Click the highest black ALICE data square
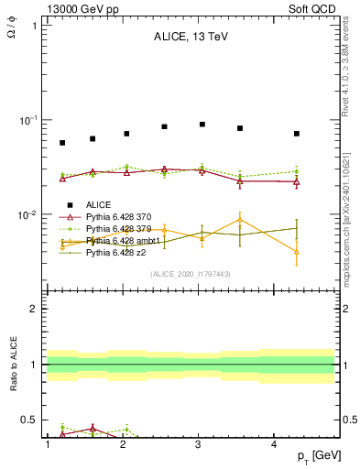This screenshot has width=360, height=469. point(202,124)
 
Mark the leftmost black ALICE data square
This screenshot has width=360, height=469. point(62,143)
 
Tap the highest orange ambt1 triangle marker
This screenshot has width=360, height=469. point(240,219)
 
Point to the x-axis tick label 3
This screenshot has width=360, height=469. point(199,444)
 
